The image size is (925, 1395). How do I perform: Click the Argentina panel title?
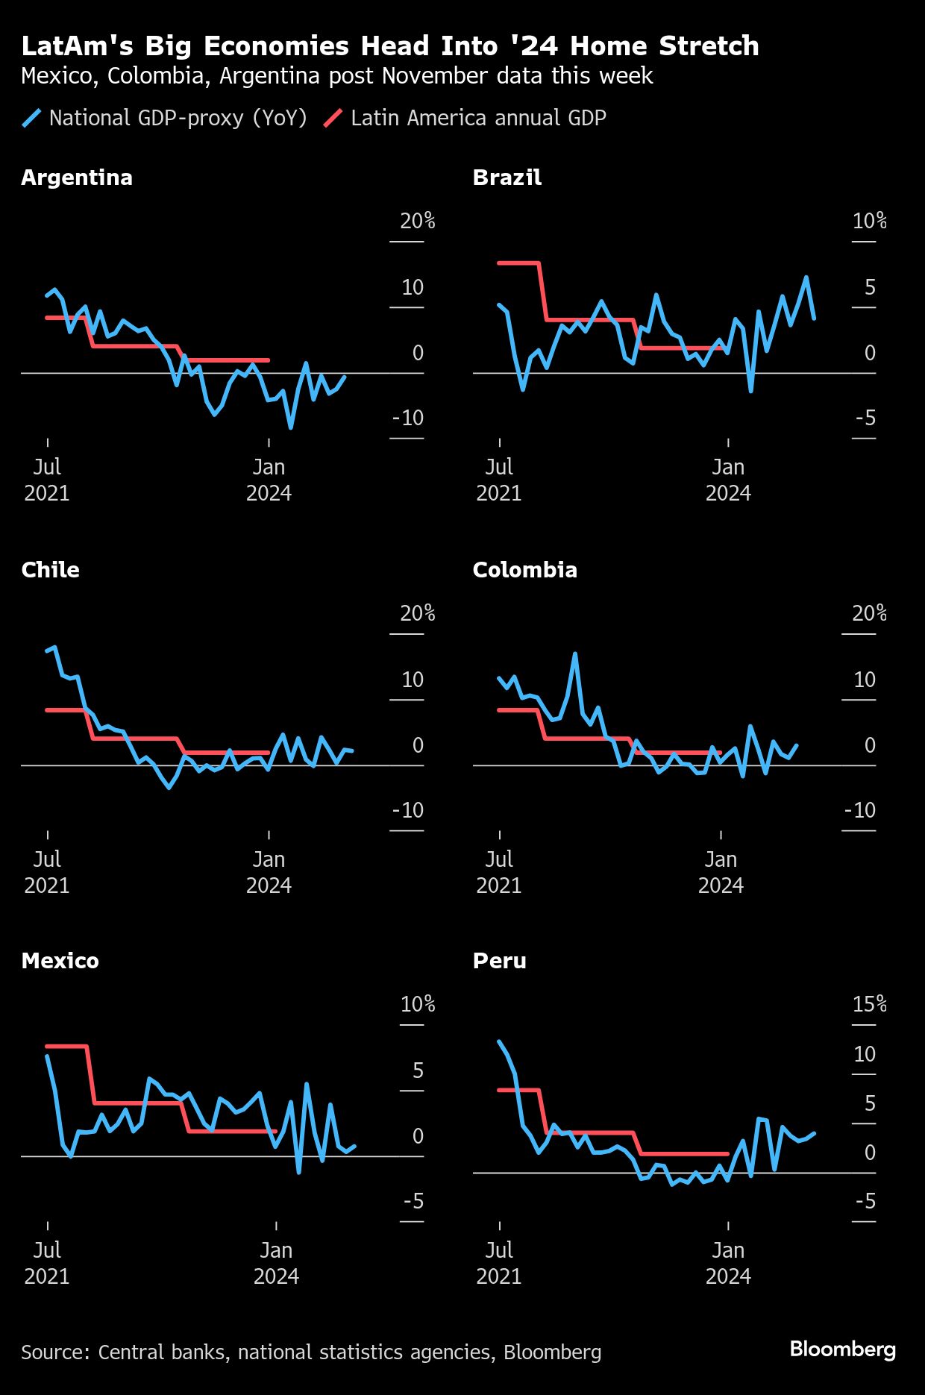77,178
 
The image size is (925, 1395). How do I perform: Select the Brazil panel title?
507,178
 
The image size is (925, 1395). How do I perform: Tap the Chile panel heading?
50,570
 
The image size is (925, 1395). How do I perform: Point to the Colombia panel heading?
525,570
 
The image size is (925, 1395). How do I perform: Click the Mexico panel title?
60,961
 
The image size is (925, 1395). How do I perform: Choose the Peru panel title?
500,961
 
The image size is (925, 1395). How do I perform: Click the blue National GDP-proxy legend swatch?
31,118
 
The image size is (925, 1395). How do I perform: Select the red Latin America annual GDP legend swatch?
333,118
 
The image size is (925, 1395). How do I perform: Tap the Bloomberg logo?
843,1349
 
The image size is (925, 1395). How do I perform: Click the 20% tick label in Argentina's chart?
417,221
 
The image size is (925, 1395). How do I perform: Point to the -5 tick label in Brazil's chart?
865,418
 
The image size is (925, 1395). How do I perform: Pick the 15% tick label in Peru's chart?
870,1004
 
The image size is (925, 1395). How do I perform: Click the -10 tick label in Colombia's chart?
859,810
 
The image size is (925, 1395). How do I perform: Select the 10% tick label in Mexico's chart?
418,1004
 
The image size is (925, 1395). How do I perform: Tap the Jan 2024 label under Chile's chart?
269,872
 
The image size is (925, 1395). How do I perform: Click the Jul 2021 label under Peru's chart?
499,1263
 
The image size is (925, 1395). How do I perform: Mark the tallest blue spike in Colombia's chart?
575,654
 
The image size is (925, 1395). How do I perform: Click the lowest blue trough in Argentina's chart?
290,427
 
